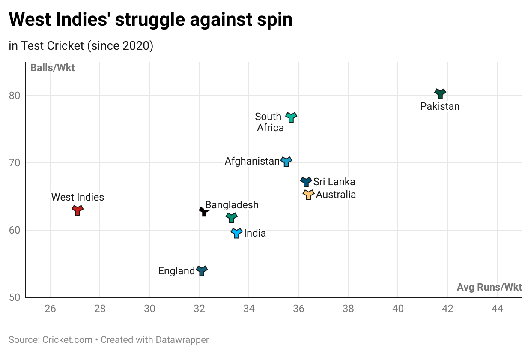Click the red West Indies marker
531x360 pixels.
coord(78,210)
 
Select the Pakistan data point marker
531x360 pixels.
coord(440,93)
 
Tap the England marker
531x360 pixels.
coord(202,270)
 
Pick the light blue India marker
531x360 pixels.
coord(237,233)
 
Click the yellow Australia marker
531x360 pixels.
coord(309,195)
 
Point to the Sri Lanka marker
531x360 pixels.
coord(306,182)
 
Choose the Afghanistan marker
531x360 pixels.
coord(286,162)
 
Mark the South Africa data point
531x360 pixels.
coord(291,117)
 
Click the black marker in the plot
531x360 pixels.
coord(204,211)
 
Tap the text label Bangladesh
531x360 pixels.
coord(232,205)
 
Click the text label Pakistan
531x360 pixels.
coord(440,106)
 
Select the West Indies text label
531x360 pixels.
coord(78,197)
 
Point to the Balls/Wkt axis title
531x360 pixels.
coord(52,68)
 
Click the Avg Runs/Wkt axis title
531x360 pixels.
coord(489,287)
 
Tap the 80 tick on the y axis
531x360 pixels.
coord(15,95)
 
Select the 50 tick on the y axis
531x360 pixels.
coord(15,297)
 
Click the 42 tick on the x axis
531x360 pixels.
coord(447,309)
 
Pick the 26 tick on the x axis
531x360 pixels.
coord(50,309)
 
